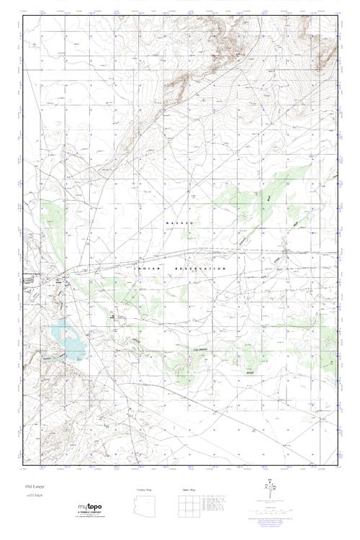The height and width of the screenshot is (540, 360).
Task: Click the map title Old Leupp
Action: point(32,487)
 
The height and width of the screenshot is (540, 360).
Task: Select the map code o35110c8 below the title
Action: point(33,497)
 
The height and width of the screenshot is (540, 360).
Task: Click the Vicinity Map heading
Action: point(146,488)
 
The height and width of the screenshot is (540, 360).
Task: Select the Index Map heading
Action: point(186,488)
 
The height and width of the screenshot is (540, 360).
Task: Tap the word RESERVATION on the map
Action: point(206,268)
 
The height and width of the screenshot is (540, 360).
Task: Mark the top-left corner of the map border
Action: point(23,16)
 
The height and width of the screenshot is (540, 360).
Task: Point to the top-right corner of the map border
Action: point(338,16)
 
